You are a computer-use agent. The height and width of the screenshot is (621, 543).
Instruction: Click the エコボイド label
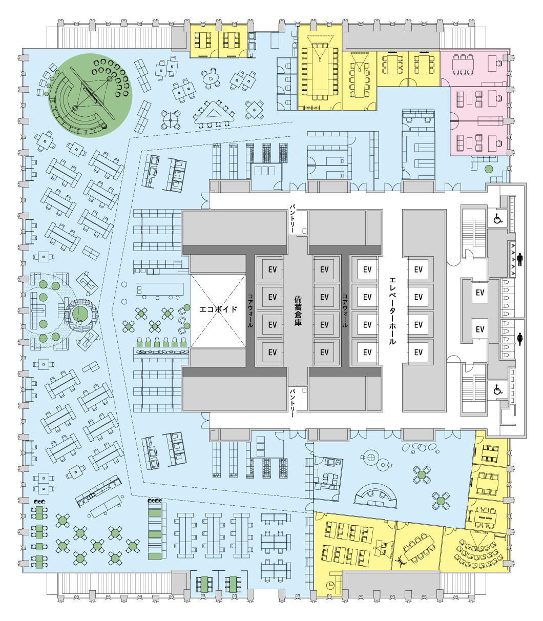pyautogui.click(x=218, y=309)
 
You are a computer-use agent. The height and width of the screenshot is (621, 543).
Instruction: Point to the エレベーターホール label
pyautogui.click(x=392, y=310)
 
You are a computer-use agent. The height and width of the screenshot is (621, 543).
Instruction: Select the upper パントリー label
pyautogui.click(x=293, y=219)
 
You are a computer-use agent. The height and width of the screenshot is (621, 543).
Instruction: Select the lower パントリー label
pyautogui.click(x=293, y=403)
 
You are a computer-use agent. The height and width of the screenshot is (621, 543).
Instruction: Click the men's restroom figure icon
pyautogui.click(x=519, y=259)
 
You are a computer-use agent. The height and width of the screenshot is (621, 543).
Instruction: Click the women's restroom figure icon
pyautogui.click(x=519, y=339)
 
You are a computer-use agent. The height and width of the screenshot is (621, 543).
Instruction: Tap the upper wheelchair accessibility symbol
pyautogui.click(x=497, y=219)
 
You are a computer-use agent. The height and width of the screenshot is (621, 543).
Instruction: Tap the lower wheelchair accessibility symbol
pyautogui.click(x=497, y=389)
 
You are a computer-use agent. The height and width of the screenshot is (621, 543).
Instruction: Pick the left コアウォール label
pyautogui.click(x=250, y=310)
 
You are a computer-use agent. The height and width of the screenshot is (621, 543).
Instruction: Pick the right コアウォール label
pyautogui.click(x=345, y=310)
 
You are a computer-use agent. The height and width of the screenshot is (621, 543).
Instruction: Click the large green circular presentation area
pyautogui.click(x=90, y=95)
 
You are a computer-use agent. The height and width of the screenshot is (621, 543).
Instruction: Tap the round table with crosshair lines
pyautogui.click(x=171, y=120)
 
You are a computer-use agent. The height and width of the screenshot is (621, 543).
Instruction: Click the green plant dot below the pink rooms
pyautogui.click(x=488, y=169)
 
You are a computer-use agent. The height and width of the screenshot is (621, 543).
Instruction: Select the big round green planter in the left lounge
pyautogui.click(x=80, y=315)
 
